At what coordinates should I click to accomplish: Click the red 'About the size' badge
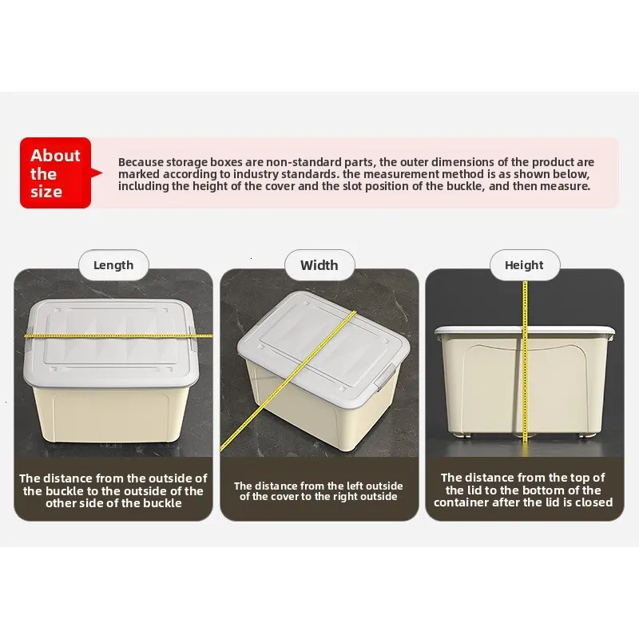[56, 173]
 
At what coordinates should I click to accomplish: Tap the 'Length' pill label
[113, 265]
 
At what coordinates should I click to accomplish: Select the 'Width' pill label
[319, 265]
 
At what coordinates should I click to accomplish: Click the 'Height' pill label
[525, 265]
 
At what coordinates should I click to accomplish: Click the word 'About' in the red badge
[55, 155]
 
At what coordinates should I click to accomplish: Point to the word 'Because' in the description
[141, 162]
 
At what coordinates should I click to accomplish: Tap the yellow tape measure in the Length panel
[118, 335]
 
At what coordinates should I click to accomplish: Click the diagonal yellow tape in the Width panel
[288, 382]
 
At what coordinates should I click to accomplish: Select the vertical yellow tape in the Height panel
[525, 362]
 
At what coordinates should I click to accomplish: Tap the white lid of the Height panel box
[525, 330]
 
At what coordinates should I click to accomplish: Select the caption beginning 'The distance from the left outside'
[318, 491]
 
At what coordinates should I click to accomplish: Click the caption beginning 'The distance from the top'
[523, 490]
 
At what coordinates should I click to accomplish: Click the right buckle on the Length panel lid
[192, 338]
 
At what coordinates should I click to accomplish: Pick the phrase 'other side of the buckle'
[113, 503]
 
